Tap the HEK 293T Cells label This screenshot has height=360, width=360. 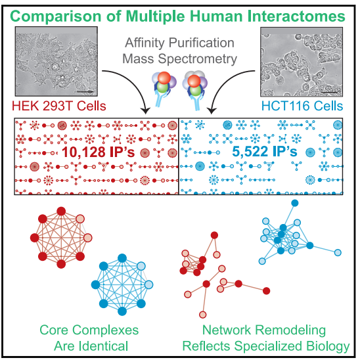click(x=59, y=106)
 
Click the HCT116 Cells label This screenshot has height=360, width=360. click(x=302, y=106)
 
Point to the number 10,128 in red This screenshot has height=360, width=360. click(x=83, y=152)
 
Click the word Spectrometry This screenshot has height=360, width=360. click(x=198, y=59)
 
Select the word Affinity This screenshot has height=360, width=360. click(x=145, y=43)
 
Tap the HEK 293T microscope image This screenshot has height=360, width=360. click(x=56, y=61)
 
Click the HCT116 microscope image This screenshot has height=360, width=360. click(x=302, y=62)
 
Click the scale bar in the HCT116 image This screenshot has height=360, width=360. click(x=329, y=92)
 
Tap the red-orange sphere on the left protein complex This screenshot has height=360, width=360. click(x=164, y=78)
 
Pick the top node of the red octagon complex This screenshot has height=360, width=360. click(x=61, y=212)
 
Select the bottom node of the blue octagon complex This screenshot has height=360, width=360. click(x=122, y=311)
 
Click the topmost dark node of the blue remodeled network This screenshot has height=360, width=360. click(x=295, y=203)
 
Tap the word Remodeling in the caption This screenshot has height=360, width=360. click(x=290, y=330)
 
